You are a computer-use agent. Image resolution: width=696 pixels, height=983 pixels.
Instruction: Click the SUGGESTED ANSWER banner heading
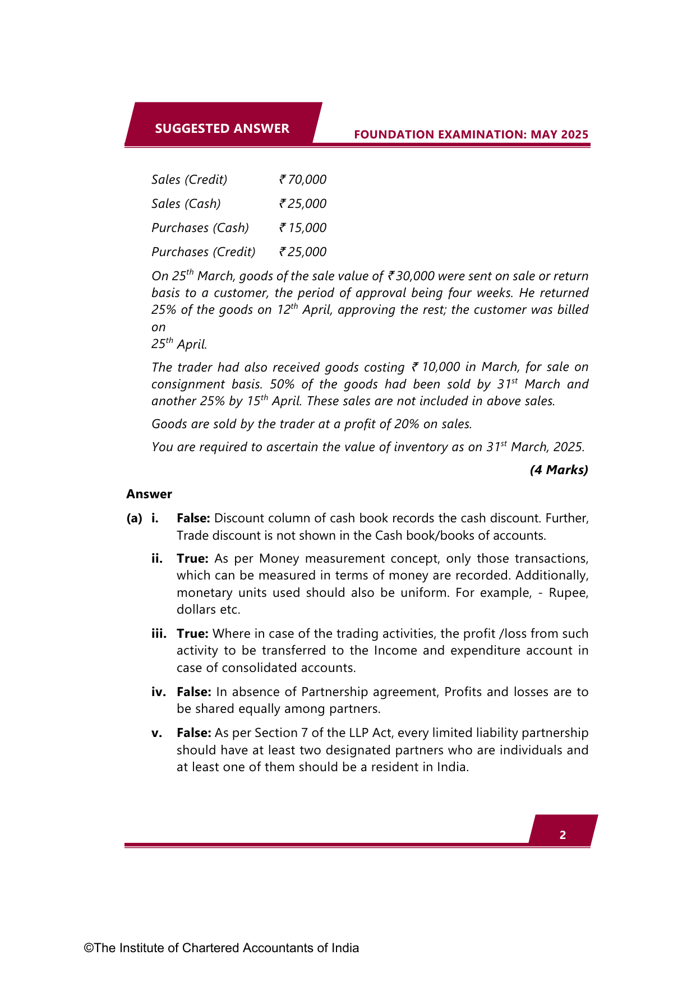[x=222, y=128]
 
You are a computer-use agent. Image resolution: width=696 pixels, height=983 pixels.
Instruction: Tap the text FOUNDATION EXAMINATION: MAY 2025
[x=471, y=135]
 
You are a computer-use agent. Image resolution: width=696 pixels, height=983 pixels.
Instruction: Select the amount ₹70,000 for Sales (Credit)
[x=303, y=179]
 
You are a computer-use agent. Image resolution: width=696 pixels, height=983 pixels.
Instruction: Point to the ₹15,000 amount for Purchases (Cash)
[x=303, y=228]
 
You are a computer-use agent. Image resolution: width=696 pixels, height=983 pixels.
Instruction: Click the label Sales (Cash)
[x=186, y=203]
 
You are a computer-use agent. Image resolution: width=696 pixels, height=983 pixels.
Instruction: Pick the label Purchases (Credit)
[x=204, y=252]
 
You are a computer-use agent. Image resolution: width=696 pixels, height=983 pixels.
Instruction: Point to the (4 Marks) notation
[x=559, y=470]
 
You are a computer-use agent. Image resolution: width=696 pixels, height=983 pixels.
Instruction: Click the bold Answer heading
[x=149, y=494]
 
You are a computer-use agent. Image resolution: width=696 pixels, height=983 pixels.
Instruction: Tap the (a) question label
[x=135, y=518]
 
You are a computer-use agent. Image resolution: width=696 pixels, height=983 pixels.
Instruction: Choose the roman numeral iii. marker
[x=159, y=633]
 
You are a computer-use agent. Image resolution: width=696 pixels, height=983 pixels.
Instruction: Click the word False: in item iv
[x=193, y=692]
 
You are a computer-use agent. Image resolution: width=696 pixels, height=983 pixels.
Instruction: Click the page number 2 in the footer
[x=563, y=835]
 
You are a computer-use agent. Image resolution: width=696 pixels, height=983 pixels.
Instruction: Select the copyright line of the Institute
[x=222, y=948]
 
